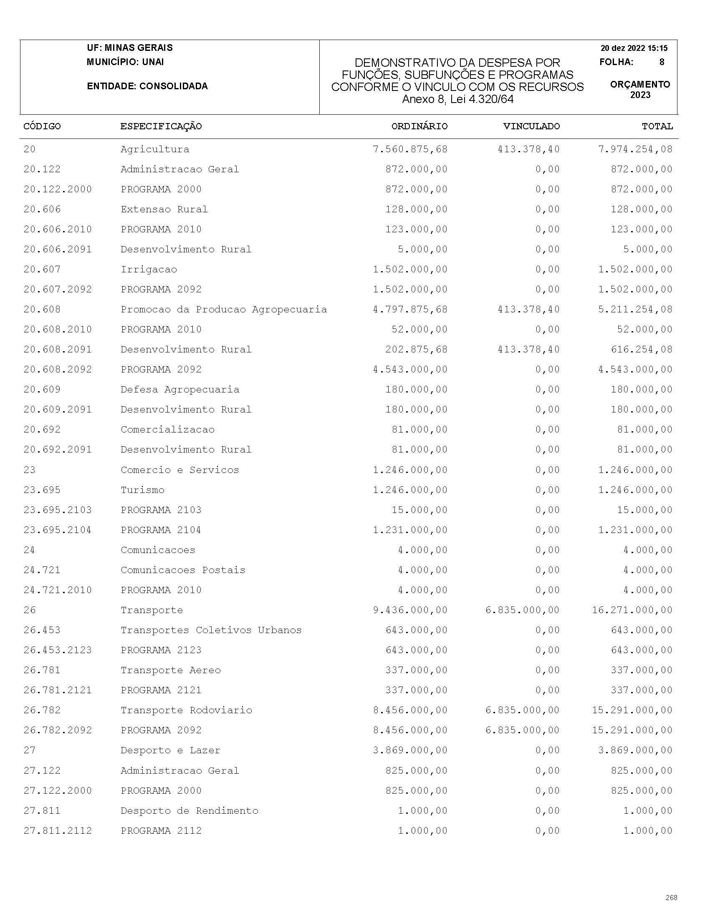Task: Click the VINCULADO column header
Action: (x=531, y=126)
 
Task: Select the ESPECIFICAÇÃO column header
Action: (x=161, y=126)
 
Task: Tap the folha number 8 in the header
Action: (x=662, y=62)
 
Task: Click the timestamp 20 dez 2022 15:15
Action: (x=634, y=48)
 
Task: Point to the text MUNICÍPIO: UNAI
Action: (x=125, y=62)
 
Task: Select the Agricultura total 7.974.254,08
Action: (x=635, y=149)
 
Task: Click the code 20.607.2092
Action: (x=58, y=289)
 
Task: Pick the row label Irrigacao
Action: (x=149, y=269)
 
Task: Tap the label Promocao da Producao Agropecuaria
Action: (x=223, y=309)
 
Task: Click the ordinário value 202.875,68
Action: (x=417, y=350)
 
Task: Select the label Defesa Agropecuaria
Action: (x=179, y=390)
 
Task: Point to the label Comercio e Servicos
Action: (x=179, y=470)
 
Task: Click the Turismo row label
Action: (x=142, y=490)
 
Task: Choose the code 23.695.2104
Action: (x=58, y=530)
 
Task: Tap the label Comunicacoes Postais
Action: (x=182, y=571)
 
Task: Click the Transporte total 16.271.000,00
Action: (x=632, y=610)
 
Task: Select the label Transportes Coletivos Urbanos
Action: (x=211, y=631)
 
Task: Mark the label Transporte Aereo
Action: (x=170, y=670)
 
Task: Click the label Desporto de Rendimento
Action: (x=189, y=811)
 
